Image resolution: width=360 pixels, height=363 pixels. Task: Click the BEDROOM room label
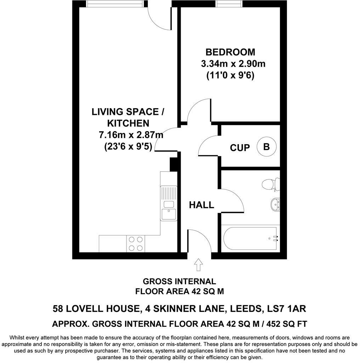click(230, 52)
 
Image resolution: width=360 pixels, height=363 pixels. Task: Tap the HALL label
click(201, 205)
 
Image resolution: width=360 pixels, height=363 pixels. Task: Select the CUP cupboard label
click(240, 147)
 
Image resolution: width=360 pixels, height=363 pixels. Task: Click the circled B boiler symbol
click(266, 146)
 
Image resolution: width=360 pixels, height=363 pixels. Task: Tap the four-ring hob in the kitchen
click(135, 244)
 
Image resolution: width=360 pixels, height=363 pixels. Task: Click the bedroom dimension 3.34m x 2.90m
click(233, 64)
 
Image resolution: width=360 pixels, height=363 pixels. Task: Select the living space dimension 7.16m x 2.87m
click(131, 135)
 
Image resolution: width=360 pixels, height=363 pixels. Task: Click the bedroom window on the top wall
click(229, 4)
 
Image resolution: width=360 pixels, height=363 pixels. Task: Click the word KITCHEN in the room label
click(128, 123)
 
